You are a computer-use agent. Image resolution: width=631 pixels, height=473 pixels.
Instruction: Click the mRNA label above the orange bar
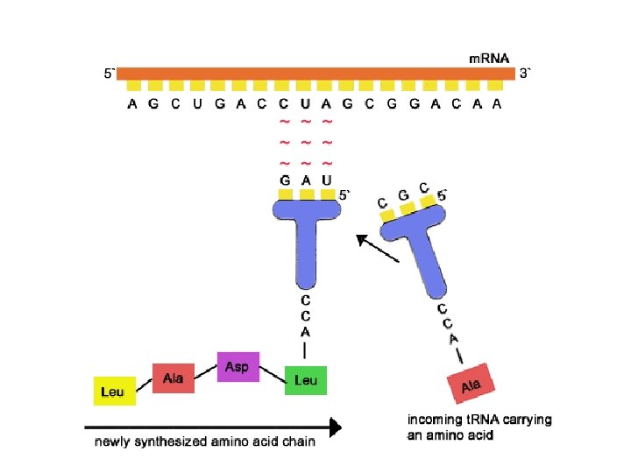(482, 59)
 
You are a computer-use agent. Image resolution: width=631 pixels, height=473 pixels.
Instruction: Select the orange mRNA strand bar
(315, 74)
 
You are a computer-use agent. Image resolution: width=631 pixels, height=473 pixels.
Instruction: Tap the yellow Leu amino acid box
(113, 391)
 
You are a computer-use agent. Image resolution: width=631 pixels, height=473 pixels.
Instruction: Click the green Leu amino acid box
(306, 380)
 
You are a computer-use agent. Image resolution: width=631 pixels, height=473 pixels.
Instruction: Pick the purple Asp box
(237, 366)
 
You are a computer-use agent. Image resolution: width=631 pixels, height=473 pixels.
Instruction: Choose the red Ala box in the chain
(173, 378)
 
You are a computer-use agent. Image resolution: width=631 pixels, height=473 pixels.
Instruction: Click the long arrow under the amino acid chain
(211, 427)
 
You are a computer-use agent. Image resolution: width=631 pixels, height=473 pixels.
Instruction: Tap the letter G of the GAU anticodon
(284, 180)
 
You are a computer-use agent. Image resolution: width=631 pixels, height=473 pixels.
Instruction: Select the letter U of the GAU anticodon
(327, 180)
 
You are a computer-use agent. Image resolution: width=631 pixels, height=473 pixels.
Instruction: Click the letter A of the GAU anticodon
(306, 180)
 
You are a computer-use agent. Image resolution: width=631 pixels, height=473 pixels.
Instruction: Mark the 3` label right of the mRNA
(525, 74)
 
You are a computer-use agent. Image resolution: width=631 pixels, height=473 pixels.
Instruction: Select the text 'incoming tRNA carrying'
(480, 420)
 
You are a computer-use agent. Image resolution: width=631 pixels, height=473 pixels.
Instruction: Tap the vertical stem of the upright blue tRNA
(305, 254)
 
